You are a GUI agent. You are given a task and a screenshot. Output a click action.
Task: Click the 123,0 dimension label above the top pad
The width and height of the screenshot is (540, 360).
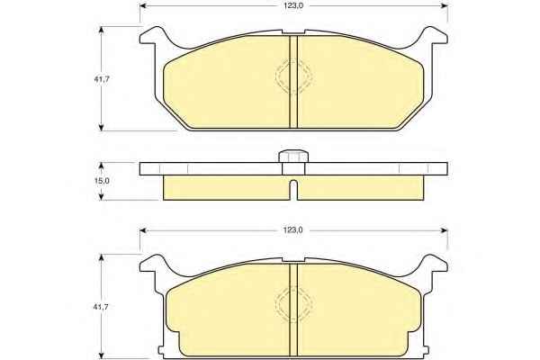click(x=293, y=6)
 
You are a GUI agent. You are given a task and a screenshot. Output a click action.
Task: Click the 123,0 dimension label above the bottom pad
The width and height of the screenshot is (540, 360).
click(x=293, y=230)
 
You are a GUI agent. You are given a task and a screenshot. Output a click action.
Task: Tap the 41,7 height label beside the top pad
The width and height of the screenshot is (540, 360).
click(x=102, y=79)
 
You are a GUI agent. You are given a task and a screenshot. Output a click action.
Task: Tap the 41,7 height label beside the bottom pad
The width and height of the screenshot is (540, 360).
click(x=101, y=307)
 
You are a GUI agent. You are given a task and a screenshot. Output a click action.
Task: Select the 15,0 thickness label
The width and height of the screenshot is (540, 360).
click(x=102, y=181)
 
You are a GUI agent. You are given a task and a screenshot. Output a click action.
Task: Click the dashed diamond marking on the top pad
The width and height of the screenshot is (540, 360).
click(x=293, y=76)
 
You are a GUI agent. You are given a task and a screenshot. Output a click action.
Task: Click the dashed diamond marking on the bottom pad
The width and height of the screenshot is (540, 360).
click(x=293, y=304)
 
